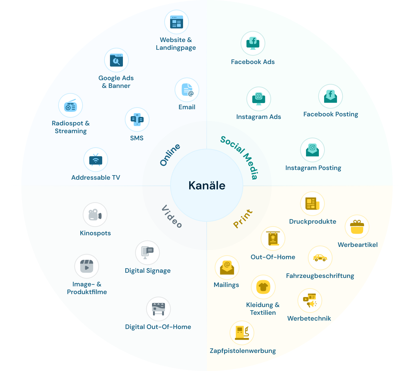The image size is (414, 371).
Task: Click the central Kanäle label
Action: click(207, 185)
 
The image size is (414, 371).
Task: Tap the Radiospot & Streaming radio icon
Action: click(71, 106)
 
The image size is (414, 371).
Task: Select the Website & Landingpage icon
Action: click(176, 22)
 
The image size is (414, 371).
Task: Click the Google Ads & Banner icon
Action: click(116, 60)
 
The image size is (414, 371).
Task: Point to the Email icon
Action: click(187, 90)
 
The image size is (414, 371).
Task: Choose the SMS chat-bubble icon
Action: click(137, 120)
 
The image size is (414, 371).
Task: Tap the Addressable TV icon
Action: click(96, 160)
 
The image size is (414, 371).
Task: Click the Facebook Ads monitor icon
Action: click(253, 43)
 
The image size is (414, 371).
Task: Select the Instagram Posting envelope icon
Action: click(312, 150)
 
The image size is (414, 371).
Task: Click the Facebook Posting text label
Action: click(331, 114)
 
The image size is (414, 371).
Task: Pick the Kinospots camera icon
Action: click(95, 215)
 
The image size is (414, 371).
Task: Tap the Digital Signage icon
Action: click(147, 253)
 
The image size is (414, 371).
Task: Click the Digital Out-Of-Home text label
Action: click(158, 327)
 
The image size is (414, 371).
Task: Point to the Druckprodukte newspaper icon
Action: click(312, 204)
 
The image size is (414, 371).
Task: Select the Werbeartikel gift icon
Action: click(357, 227)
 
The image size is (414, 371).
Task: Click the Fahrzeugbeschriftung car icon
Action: click(320, 258)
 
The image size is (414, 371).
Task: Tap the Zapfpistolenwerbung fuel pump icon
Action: click(242, 333)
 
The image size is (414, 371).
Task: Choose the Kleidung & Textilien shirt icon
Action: click(263, 287)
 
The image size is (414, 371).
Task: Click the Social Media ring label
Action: click(239, 157)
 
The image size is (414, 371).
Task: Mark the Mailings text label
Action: click(226, 285)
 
